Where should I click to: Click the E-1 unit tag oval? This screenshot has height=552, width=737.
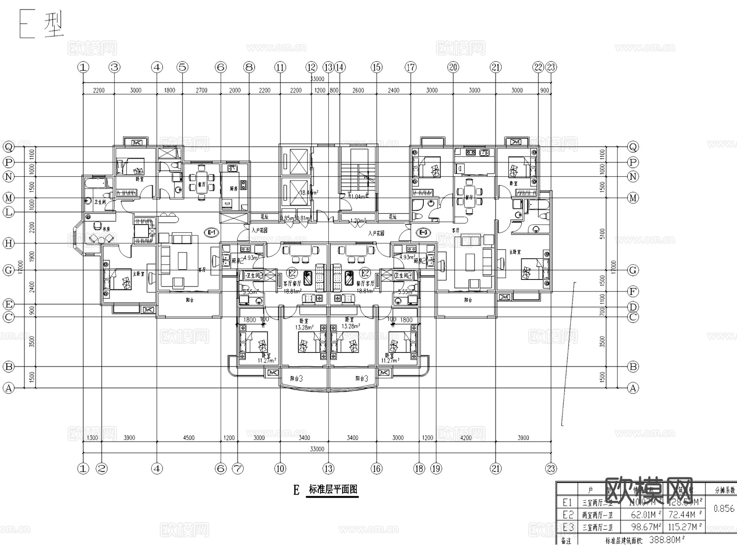click(x=212, y=233)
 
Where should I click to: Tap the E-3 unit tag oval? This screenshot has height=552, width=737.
click(x=424, y=233)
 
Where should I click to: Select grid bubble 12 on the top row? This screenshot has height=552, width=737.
click(x=312, y=67)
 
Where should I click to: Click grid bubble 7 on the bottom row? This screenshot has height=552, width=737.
click(x=238, y=468)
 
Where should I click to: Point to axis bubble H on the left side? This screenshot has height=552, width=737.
click(x=9, y=243)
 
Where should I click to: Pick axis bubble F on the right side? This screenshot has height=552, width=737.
click(x=633, y=292)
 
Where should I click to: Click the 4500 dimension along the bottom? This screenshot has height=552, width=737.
click(x=189, y=438)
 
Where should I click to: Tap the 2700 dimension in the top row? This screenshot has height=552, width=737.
click(x=201, y=90)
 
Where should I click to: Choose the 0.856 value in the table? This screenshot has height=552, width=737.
click(x=724, y=509)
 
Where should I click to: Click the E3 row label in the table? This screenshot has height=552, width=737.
click(x=568, y=527)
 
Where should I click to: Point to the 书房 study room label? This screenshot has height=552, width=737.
click(x=106, y=229)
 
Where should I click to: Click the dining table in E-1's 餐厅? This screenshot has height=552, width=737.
click(x=201, y=184)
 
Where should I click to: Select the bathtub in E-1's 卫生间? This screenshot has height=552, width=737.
click(x=95, y=183)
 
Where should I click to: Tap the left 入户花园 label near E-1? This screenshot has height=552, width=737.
click(x=260, y=230)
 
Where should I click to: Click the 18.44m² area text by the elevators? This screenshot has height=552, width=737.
click(x=309, y=192)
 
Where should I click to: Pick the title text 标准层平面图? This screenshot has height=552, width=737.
click(x=333, y=489)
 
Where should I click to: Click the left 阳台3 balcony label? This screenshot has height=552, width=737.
click(x=296, y=379)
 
